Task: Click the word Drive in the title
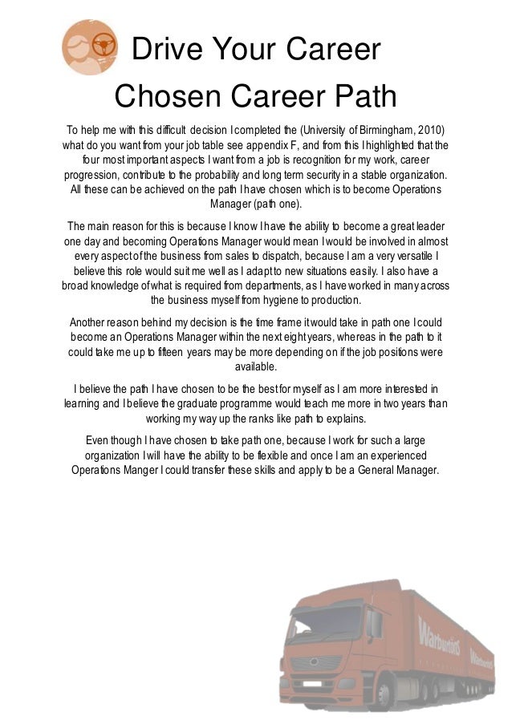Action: [165, 51]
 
